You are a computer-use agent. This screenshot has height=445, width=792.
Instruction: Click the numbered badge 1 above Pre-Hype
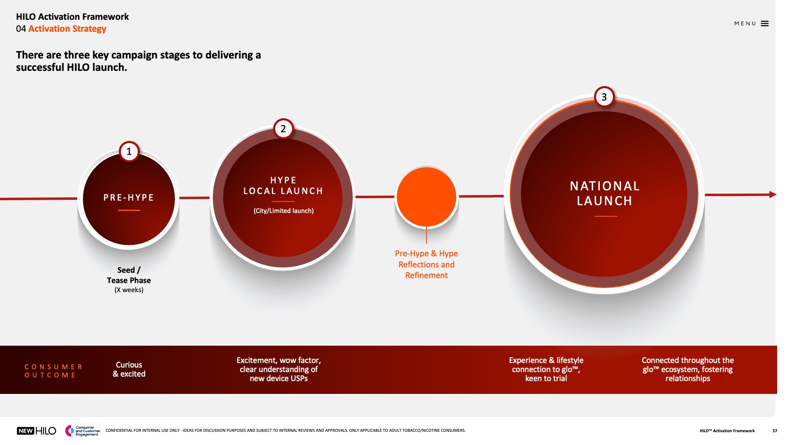pyautogui.click(x=129, y=152)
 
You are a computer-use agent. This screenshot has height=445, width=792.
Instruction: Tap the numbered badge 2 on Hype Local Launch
pyautogui.click(x=283, y=129)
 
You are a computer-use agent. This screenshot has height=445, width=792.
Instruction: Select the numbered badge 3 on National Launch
pyautogui.click(x=604, y=97)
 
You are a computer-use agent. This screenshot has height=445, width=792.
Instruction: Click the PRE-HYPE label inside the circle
pyautogui.click(x=129, y=198)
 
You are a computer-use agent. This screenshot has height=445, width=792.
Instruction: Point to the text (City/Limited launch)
pyautogui.click(x=284, y=211)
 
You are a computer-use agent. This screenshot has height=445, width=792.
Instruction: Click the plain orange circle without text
pyautogui.click(x=427, y=197)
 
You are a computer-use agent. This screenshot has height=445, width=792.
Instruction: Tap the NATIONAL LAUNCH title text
pyautogui.click(x=605, y=193)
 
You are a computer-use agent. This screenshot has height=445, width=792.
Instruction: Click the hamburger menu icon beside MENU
pyautogui.click(x=765, y=23)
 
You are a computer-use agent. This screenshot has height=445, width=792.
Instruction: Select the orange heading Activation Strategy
pyautogui.click(x=67, y=29)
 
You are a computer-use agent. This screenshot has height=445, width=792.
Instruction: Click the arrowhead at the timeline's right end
pyautogui.click(x=773, y=194)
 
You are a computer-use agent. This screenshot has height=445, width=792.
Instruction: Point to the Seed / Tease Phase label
pyautogui.click(x=129, y=275)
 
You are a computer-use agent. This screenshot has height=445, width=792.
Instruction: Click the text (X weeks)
pyautogui.click(x=129, y=290)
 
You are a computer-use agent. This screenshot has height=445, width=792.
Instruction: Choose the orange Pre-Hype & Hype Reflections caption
pyautogui.click(x=427, y=265)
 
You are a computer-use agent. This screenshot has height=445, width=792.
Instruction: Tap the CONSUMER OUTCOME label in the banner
pyautogui.click(x=54, y=371)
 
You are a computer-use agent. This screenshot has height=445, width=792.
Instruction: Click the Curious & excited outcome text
pyautogui.click(x=129, y=369)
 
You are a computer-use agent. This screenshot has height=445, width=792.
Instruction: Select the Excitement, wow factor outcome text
pyautogui.click(x=279, y=369)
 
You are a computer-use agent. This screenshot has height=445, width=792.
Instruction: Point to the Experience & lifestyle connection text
pyautogui.click(x=546, y=369)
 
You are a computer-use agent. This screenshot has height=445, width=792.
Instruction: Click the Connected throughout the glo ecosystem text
pyautogui.click(x=688, y=369)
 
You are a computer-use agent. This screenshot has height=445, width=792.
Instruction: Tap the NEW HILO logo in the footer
pyautogui.click(x=36, y=431)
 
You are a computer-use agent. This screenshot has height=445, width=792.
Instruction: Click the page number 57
pyautogui.click(x=775, y=431)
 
